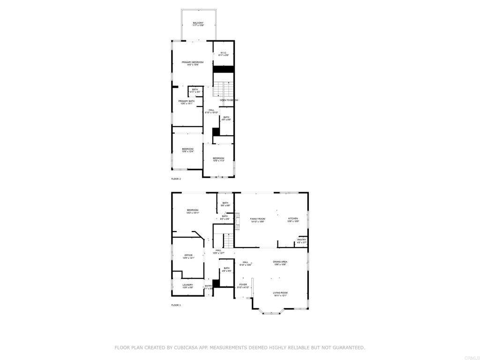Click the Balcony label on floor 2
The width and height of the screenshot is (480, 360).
198,23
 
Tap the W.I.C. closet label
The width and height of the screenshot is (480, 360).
224,52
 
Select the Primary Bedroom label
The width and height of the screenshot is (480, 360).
193,62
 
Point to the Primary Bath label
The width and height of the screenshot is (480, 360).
186,101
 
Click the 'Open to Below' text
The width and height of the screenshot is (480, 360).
229,100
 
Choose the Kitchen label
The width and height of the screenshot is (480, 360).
293,219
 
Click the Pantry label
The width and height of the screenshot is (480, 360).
301,240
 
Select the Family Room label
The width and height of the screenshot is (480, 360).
257,219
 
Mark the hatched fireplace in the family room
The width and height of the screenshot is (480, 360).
237,221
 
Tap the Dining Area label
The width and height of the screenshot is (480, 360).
280,262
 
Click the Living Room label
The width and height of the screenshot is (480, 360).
280,293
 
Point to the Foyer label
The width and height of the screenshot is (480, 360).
243,285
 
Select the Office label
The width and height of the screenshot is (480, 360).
188,255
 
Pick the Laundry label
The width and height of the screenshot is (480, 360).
187,285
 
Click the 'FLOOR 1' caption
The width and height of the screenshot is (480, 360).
176,305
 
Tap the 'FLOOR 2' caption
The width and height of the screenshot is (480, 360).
176,179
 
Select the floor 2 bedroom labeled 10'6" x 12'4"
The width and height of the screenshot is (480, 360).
187,149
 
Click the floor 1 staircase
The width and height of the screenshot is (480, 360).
227,240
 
